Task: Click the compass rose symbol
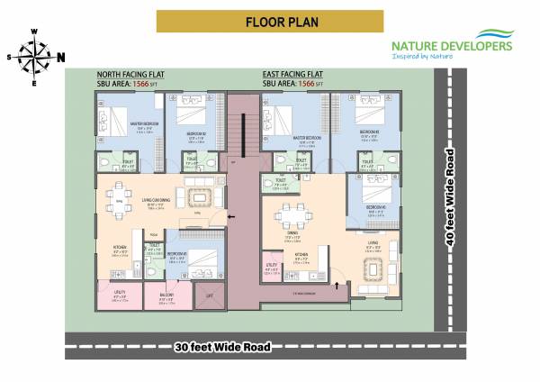point(35,57)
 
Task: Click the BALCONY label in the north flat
point(166,295)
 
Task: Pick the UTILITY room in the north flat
point(120,296)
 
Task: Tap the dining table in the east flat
point(290,215)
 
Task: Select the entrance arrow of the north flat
point(232,217)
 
